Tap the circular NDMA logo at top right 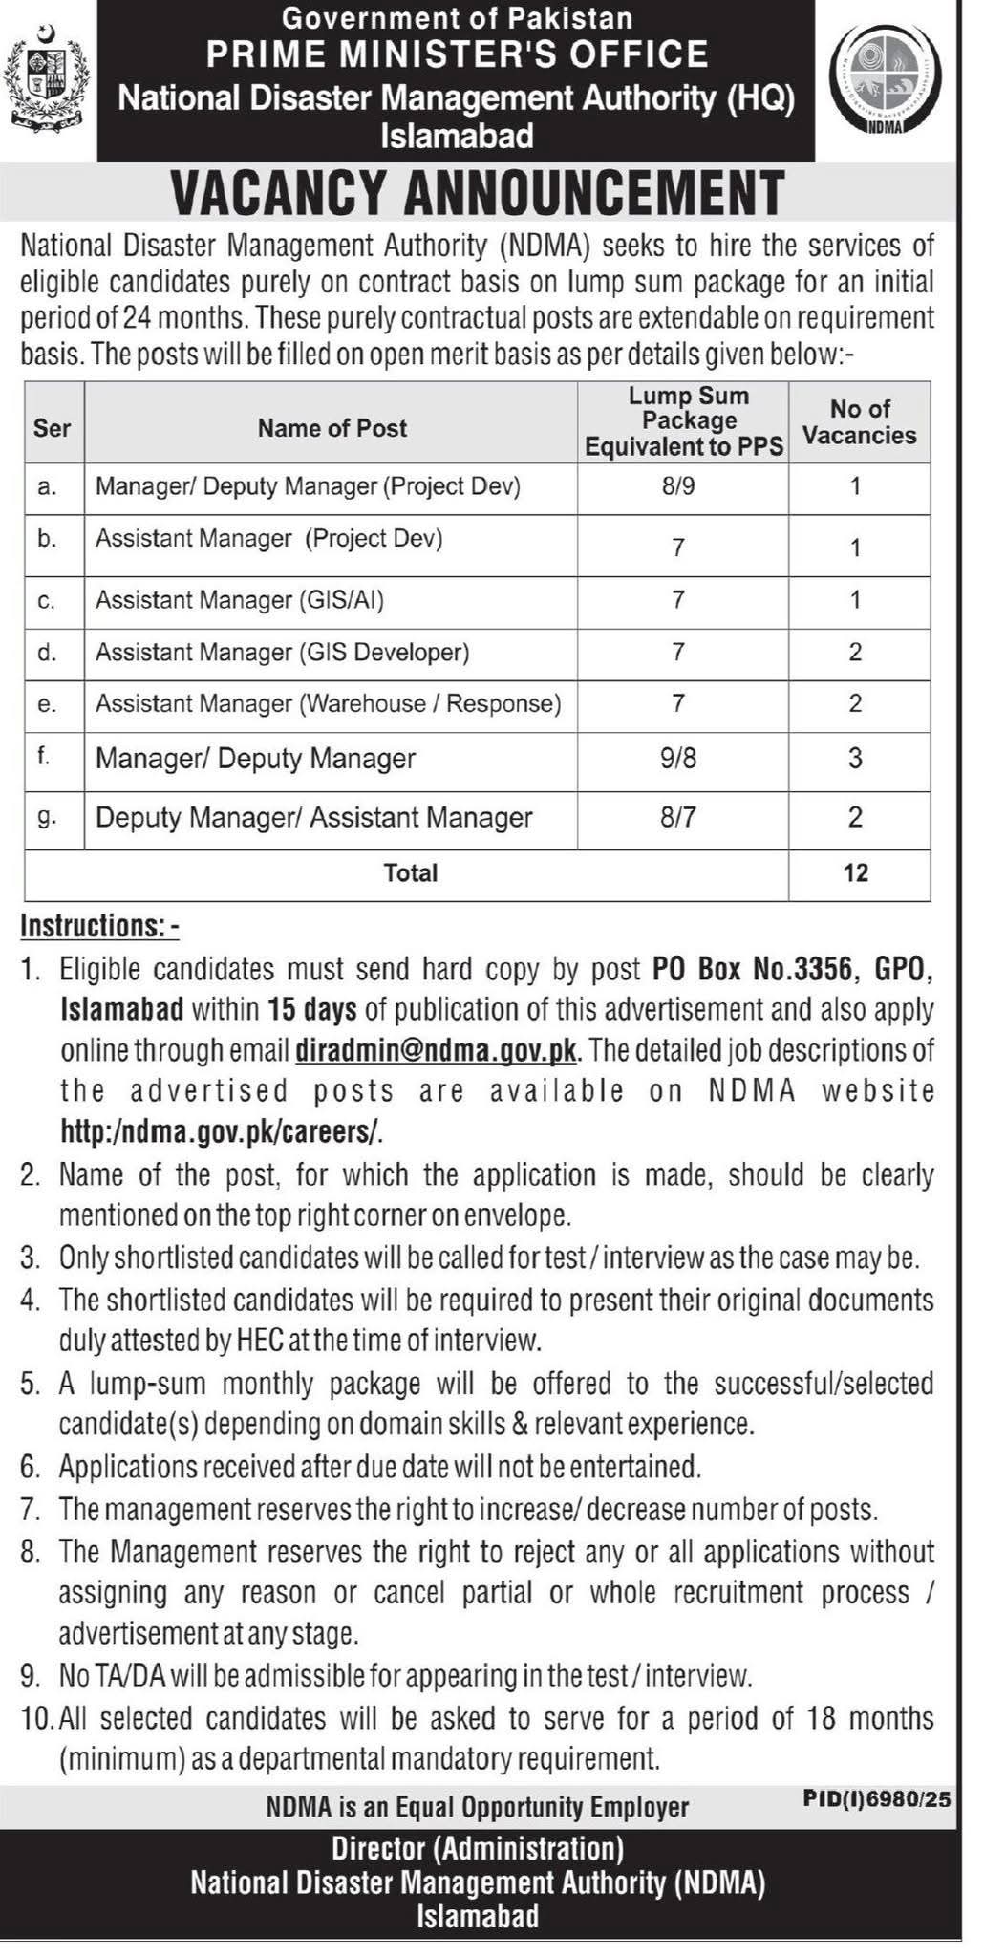[889, 82]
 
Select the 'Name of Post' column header [332, 428]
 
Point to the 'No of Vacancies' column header [859, 422]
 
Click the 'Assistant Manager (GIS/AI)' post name [239, 600]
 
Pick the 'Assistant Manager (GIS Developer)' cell [282, 653]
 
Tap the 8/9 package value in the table [677, 486]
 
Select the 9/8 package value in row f [677, 759]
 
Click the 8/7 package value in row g [677, 818]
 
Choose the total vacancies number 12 [856, 872]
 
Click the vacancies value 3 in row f [855, 759]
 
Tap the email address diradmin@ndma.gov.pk [437, 1050]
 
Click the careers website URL [222, 1131]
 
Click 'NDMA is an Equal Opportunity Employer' [478, 1807]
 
